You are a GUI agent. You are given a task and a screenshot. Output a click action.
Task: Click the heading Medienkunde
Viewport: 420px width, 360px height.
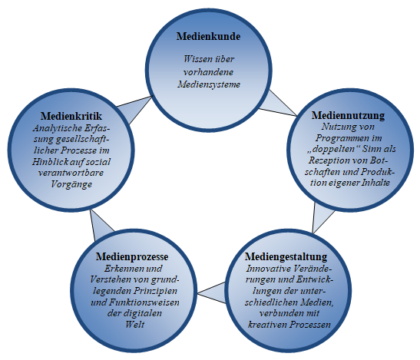point(208,36)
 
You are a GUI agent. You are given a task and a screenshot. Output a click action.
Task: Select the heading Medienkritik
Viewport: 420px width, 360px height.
point(71,116)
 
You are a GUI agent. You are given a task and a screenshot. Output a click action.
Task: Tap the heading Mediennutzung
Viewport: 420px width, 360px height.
point(348,115)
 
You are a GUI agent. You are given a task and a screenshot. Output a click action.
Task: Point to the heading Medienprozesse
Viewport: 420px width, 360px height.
point(132,256)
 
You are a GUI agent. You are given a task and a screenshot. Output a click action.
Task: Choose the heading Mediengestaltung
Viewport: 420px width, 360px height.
point(286,256)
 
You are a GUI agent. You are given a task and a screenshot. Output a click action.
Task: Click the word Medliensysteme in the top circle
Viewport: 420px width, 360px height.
point(209,84)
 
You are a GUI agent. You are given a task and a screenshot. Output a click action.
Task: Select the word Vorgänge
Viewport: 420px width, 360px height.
point(71,184)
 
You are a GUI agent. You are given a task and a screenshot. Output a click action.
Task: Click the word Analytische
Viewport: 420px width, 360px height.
point(58,129)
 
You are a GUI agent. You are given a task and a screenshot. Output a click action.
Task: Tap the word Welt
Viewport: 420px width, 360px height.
point(134,325)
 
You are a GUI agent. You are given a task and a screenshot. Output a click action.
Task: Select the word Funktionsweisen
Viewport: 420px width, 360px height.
point(144,302)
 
